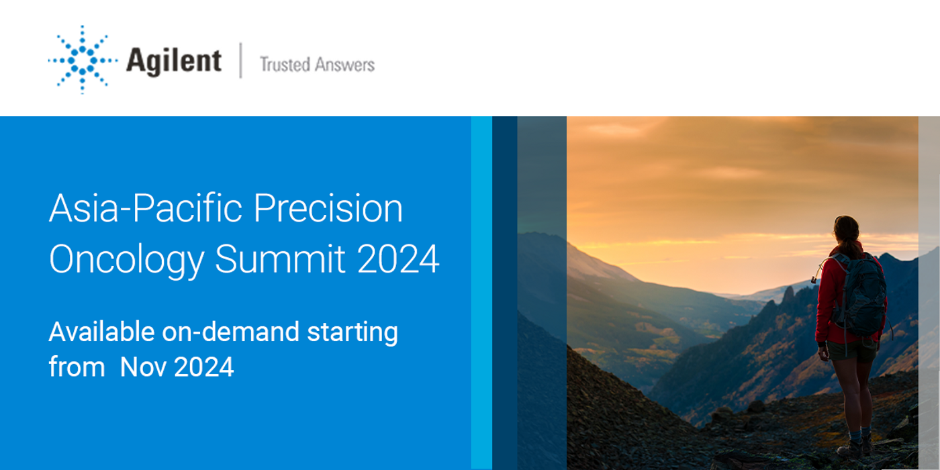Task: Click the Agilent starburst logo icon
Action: tap(83, 60)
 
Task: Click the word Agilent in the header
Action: tap(174, 62)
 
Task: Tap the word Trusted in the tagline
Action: tap(285, 64)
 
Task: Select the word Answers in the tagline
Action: tap(344, 64)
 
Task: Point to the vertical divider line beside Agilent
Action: tap(240, 60)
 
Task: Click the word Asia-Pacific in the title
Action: tap(146, 208)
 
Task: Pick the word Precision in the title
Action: tap(328, 208)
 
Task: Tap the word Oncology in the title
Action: tap(127, 261)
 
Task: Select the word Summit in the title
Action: tap(280, 258)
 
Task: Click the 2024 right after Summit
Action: tap(397, 258)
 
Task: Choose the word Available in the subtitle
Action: tap(102, 332)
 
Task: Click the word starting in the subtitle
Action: tap(352, 333)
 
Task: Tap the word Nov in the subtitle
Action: tap(142, 367)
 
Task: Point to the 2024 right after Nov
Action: tap(203, 367)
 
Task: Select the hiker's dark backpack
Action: tap(861, 294)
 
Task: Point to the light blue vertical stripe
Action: tap(481, 293)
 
